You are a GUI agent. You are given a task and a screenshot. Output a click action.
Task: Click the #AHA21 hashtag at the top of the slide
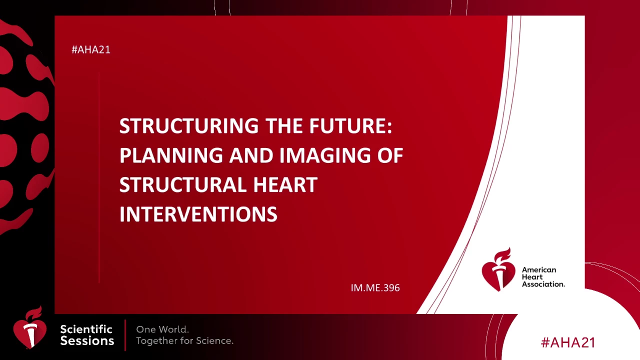click(91, 49)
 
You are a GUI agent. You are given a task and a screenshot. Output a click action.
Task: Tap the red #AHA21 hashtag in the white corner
click(568, 342)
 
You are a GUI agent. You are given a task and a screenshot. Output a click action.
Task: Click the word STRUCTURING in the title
click(189, 125)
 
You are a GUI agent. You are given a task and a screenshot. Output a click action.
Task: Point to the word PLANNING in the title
click(171, 155)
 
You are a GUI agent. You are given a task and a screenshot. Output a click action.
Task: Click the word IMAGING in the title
click(325, 155)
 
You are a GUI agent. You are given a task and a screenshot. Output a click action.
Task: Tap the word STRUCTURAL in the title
click(183, 185)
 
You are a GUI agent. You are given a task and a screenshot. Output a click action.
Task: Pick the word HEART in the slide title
click(285, 185)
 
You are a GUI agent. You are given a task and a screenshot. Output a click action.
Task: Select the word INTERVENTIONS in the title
click(198, 214)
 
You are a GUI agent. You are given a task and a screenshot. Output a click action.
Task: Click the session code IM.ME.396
click(375, 287)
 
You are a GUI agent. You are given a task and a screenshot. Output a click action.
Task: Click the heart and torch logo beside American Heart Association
click(498, 269)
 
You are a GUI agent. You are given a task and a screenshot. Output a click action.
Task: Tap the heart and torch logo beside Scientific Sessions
click(29, 327)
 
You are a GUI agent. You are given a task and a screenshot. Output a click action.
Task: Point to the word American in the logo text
click(539, 269)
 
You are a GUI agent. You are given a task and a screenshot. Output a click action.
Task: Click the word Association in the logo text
click(543, 284)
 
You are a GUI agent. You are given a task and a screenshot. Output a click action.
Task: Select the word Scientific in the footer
click(86, 329)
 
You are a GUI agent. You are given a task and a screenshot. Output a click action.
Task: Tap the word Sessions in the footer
click(87, 341)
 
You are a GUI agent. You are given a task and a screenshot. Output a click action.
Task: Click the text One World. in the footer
click(162, 329)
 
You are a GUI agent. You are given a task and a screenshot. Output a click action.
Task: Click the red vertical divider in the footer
click(125, 335)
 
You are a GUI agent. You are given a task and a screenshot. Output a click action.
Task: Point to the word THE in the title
click(283, 125)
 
